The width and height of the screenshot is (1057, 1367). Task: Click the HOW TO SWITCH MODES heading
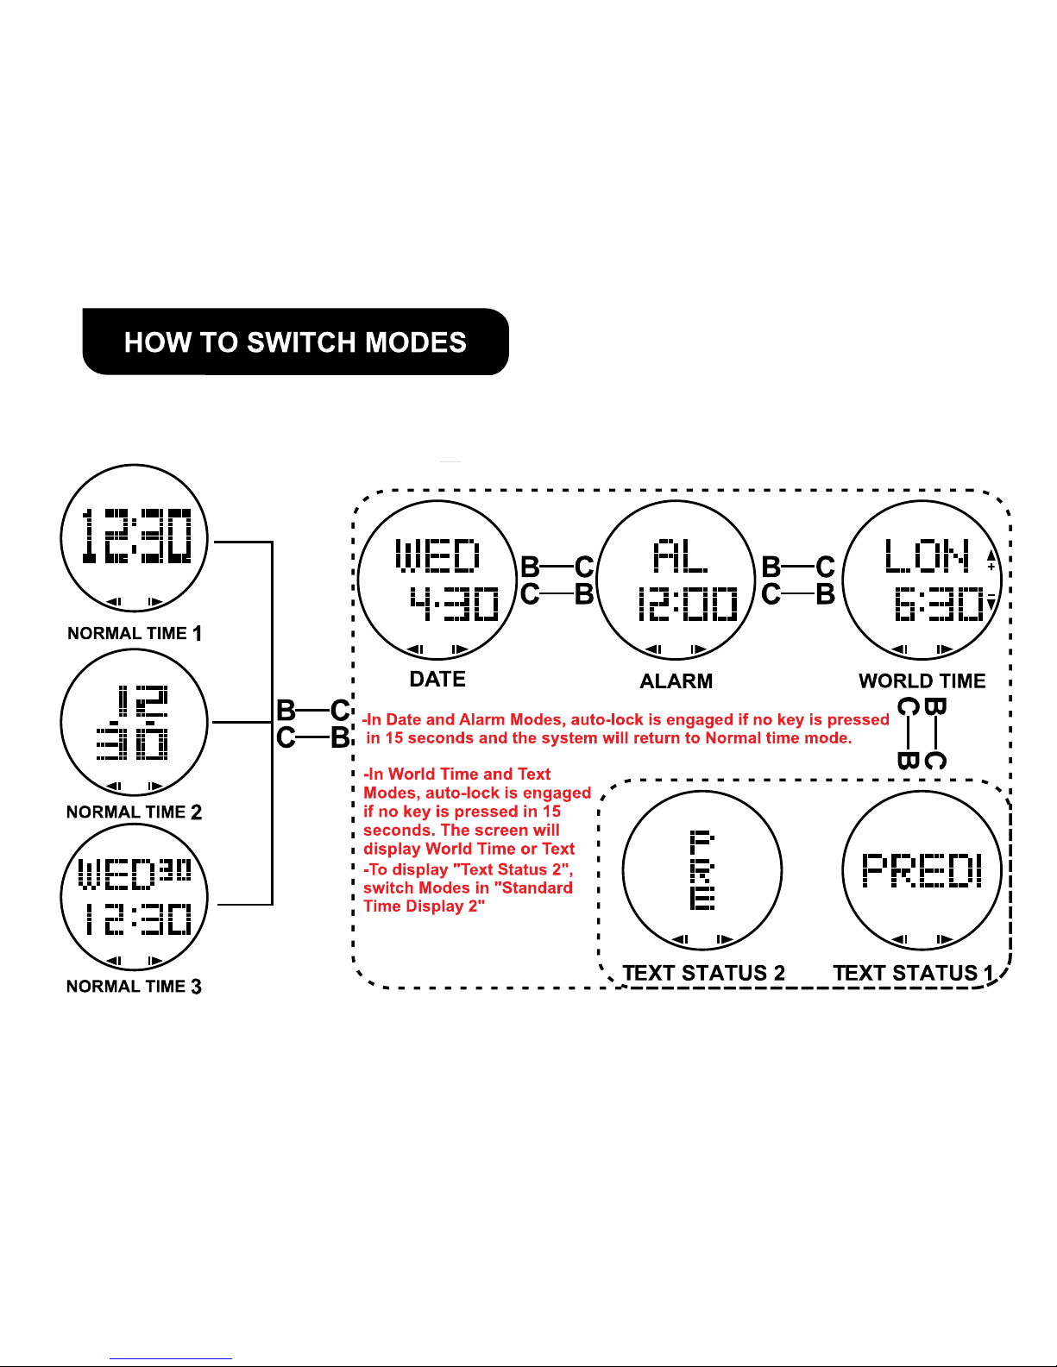(x=295, y=342)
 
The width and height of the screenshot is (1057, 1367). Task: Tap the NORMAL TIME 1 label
(x=135, y=634)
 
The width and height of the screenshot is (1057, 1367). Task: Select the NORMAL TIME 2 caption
(x=134, y=812)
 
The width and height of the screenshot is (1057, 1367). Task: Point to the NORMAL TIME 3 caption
(x=134, y=987)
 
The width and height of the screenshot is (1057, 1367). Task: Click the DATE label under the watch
(x=437, y=680)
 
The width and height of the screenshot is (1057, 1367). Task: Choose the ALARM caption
(x=676, y=681)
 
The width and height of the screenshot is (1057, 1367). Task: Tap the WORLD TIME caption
(x=922, y=681)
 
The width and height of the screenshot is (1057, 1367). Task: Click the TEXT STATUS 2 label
(x=703, y=974)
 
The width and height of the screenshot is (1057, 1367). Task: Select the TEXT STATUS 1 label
(x=913, y=974)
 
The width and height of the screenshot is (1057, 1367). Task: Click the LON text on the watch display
(x=927, y=556)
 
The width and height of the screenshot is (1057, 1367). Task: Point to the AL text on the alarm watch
(x=680, y=556)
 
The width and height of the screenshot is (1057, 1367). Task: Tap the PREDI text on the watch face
(x=922, y=870)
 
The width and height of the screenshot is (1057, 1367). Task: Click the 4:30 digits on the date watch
(x=454, y=604)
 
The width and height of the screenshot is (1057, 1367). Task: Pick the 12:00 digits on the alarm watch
(x=688, y=605)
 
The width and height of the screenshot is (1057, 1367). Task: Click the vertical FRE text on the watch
(x=702, y=869)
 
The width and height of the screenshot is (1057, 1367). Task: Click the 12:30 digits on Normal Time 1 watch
(x=135, y=536)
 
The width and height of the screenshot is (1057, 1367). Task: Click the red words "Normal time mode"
(x=778, y=738)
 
